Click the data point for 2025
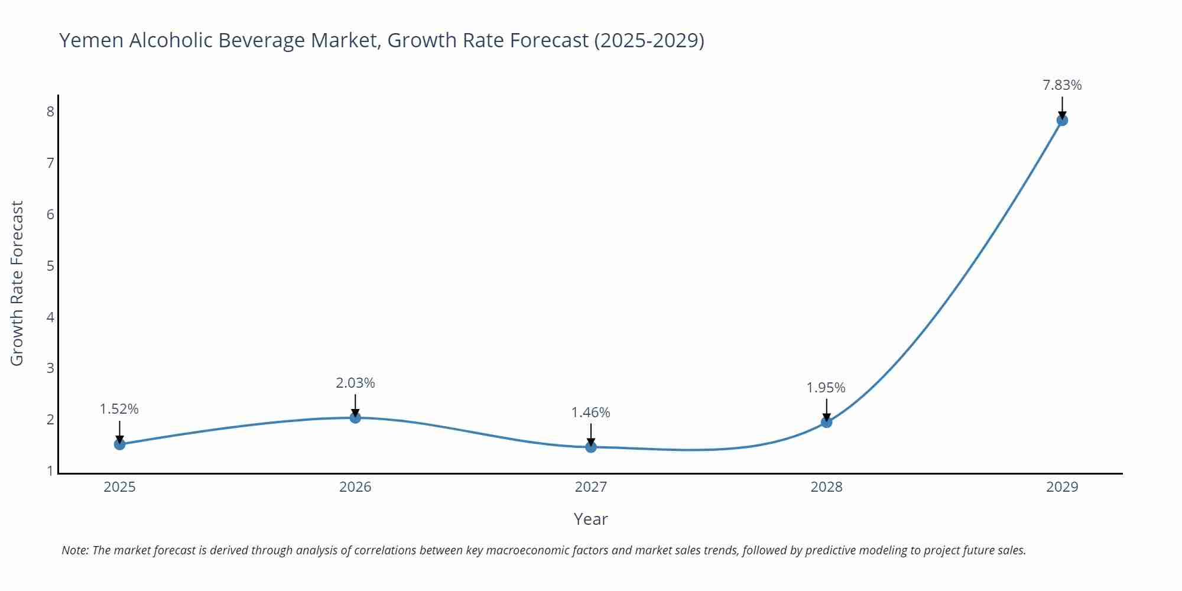(x=119, y=444)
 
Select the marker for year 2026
(x=355, y=417)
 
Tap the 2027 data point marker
(x=591, y=447)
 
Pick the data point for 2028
(x=826, y=422)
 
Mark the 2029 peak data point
(x=1062, y=121)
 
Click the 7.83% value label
(x=1062, y=85)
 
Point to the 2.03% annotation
(x=355, y=383)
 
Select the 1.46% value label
(x=590, y=413)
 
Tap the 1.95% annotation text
(x=826, y=388)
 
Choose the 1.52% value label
(x=119, y=409)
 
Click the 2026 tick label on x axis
(x=355, y=487)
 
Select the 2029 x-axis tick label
(x=1062, y=487)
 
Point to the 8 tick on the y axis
(x=50, y=111)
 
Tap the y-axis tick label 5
(x=50, y=265)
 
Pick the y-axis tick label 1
(x=50, y=471)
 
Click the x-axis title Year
(x=590, y=519)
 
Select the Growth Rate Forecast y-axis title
(x=17, y=283)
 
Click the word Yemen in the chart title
(x=91, y=40)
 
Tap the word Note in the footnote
(x=74, y=550)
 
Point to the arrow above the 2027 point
(x=591, y=433)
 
